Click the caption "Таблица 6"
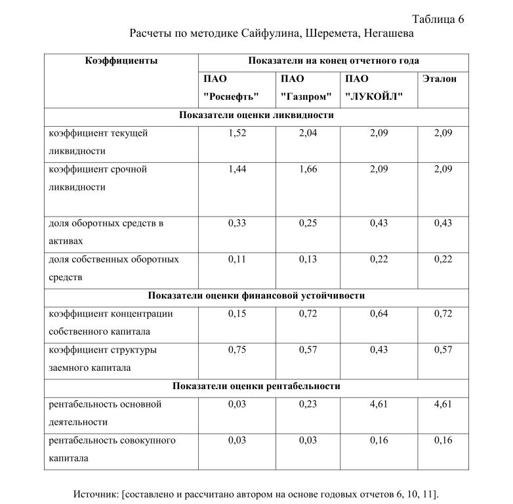(x=438, y=18)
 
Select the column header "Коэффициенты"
(x=121, y=61)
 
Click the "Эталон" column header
(x=438, y=79)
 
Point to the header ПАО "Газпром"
(x=306, y=88)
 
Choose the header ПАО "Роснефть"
(x=231, y=88)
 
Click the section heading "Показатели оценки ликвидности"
(x=256, y=115)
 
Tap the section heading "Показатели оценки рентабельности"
(x=256, y=387)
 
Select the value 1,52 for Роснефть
(x=237, y=133)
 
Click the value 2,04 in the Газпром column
(x=308, y=133)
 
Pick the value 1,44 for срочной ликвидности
(x=237, y=169)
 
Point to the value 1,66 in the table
(x=308, y=169)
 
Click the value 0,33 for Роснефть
(x=237, y=223)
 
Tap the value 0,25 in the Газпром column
(x=308, y=223)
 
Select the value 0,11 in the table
(x=237, y=259)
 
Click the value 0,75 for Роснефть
(x=237, y=350)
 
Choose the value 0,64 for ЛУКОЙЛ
(x=379, y=314)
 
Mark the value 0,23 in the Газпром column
(x=308, y=404)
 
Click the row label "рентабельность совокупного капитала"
(x=112, y=449)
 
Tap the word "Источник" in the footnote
(x=96, y=493)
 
